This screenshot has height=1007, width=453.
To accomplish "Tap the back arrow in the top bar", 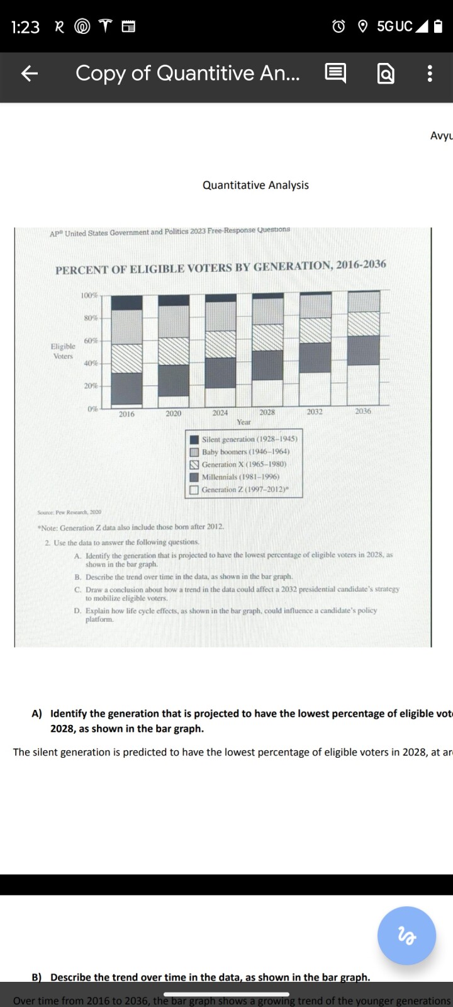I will click(x=30, y=74).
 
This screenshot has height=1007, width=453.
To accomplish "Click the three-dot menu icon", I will click(x=430, y=74).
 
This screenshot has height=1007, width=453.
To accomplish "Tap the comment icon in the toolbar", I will click(x=335, y=74).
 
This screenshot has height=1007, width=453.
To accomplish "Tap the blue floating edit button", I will click(x=406, y=935).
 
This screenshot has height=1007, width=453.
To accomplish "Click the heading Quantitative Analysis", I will click(x=255, y=185).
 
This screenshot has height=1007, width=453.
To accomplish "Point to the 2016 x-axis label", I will click(x=126, y=414).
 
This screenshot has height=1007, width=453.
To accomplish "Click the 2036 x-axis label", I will click(x=363, y=411).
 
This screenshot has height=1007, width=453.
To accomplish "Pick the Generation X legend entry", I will click(x=243, y=464).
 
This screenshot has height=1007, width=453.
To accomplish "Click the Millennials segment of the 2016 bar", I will click(x=126, y=388).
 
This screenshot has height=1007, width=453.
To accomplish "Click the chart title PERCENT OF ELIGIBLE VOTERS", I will click(x=220, y=267).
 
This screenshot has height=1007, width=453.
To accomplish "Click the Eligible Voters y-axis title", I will click(x=63, y=351).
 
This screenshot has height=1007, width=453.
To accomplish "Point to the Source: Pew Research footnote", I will click(x=69, y=512).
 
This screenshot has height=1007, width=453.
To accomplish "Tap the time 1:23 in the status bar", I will click(x=25, y=27).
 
